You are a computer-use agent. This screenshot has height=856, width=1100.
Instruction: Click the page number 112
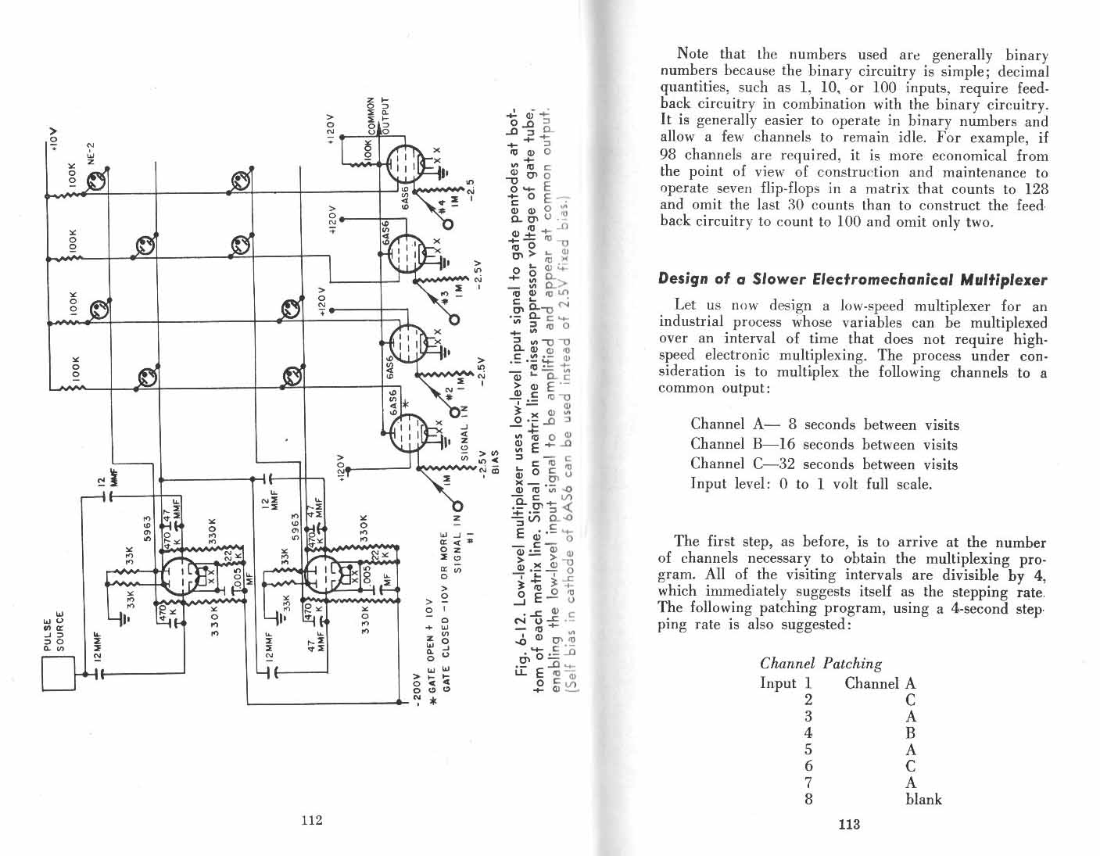311,821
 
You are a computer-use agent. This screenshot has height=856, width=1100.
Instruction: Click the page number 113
848,824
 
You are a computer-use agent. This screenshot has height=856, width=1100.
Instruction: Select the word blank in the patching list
923,799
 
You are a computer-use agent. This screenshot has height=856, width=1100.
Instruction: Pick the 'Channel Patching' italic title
821,663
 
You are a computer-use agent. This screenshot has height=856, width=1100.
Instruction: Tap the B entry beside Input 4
910,733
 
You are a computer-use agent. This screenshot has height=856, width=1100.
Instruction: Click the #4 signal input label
443,205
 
